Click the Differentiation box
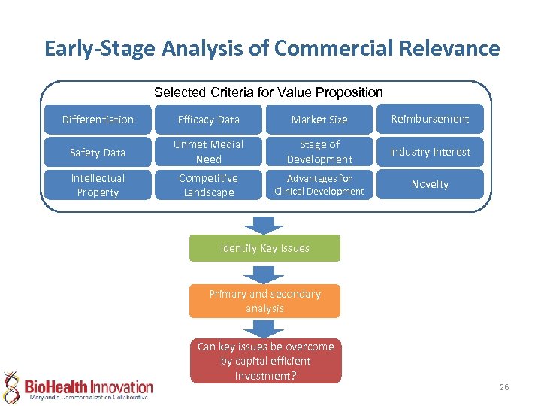98,120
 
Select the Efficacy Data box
208,120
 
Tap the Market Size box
319,120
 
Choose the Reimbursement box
430,119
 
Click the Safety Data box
98,153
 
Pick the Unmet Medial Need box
208,152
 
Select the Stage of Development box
319,152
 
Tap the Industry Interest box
430,152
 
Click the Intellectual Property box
98,185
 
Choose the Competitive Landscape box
208,185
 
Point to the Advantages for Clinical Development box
319,185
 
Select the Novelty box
430,184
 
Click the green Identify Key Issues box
264,248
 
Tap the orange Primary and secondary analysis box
264,301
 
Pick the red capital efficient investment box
265,361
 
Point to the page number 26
503,387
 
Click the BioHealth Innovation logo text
89,386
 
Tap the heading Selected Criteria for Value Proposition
268,92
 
